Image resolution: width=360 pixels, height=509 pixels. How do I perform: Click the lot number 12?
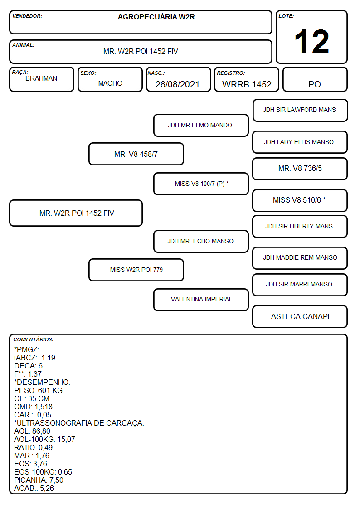(x=311, y=42)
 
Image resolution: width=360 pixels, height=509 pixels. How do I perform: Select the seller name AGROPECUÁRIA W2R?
(x=156, y=17)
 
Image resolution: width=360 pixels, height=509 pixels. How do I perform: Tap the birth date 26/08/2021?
(x=177, y=84)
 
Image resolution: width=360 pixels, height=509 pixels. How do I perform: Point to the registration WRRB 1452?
(x=247, y=84)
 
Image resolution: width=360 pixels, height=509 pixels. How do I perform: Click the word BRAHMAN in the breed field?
(x=41, y=78)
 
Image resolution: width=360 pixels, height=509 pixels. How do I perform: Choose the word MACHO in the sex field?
(x=110, y=83)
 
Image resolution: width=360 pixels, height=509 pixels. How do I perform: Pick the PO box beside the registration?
(x=315, y=79)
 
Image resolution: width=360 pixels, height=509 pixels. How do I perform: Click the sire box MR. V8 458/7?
(x=136, y=154)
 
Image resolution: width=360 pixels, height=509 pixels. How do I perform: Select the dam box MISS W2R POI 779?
(x=136, y=270)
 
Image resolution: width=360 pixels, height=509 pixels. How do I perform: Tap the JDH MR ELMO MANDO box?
(x=201, y=125)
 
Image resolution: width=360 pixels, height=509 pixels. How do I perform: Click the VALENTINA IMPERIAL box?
(x=201, y=300)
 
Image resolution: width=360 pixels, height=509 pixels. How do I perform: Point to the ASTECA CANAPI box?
(x=300, y=316)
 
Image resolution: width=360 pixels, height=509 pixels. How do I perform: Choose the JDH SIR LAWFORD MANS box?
(x=300, y=111)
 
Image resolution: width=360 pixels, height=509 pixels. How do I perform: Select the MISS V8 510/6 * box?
(x=300, y=200)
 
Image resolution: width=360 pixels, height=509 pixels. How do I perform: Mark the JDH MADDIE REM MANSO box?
(x=300, y=258)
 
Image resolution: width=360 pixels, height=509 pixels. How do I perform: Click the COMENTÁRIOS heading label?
(x=34, y=339)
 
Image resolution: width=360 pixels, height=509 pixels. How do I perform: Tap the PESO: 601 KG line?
(x=38, y=391)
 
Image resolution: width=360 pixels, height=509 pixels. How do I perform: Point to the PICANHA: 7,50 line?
(x=39, y=480)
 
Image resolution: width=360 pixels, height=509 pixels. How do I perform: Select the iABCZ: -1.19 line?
(x=35, y=358)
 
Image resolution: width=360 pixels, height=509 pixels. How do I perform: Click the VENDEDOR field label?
(x=27, y=16)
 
